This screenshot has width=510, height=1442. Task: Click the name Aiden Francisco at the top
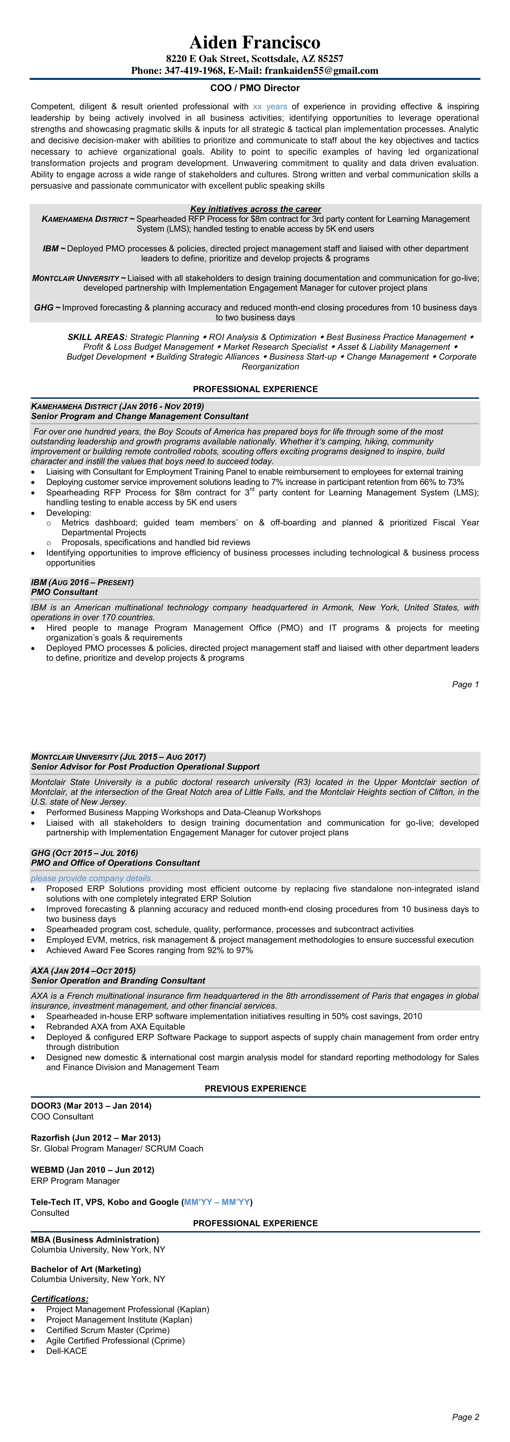tap(255, 43)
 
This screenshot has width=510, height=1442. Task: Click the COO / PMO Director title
tap(255, 88)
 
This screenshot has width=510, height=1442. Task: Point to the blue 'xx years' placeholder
tap(270, 106)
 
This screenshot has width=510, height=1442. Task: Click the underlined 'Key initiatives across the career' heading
tap(255, 209)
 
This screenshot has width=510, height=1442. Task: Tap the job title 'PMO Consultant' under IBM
tap(64, 592)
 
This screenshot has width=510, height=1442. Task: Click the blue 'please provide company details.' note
tap(92, 878)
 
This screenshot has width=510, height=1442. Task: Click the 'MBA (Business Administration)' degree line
tap(95, 1239)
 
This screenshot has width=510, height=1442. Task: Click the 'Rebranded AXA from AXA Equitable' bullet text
tap(115, 1027)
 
